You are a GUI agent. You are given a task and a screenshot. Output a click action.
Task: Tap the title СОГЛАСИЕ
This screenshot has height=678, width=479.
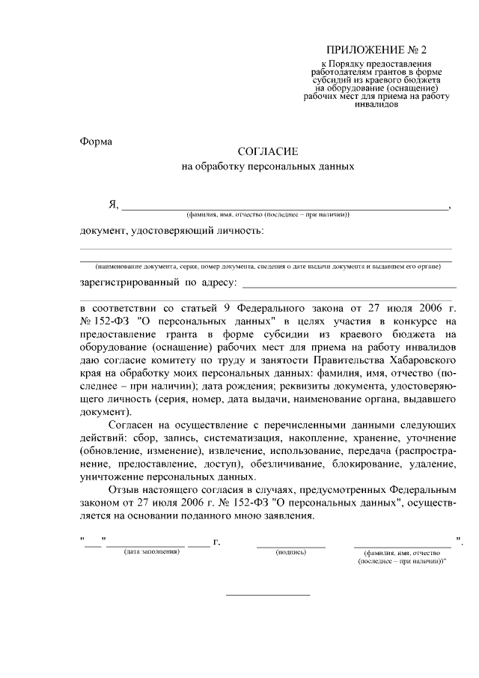[267, 152]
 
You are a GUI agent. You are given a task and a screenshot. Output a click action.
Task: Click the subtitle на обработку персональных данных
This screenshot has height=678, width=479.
[267, 167]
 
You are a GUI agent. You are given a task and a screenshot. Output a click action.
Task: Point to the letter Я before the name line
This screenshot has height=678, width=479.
[113, 205]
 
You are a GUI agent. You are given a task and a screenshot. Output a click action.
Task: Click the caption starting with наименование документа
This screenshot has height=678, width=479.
[267, 267]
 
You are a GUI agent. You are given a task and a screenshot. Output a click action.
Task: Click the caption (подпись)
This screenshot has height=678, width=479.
[290, 552]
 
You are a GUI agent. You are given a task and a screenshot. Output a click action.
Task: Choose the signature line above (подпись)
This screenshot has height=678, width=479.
[290, 545]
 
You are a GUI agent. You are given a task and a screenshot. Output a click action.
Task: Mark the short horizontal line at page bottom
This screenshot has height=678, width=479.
[268, 595]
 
